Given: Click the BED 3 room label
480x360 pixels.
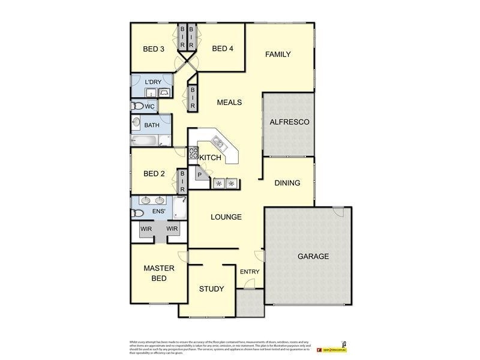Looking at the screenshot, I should (154, 49).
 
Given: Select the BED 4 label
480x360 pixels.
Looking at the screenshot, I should (223, 49).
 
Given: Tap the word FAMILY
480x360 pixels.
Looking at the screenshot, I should (278, 55).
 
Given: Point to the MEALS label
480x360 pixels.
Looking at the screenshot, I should (229, 103).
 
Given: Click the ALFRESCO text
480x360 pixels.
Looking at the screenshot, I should (289, 122).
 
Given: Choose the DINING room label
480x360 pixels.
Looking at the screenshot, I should (287, 183).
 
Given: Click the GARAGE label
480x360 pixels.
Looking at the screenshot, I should (313, 257).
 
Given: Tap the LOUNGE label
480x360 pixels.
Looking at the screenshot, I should (226, 217).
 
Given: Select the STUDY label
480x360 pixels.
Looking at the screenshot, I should (211, 289).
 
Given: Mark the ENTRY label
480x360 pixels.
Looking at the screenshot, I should (250, 272).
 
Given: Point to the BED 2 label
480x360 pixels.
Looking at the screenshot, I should (154, 174).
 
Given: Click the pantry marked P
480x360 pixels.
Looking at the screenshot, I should (200, 175).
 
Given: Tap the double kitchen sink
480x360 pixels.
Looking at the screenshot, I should (217, 143).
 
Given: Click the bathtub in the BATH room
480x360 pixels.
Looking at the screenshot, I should (144, 140).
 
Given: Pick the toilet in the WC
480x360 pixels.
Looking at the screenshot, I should (137, 106).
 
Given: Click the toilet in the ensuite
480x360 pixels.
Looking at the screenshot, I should (137, 213).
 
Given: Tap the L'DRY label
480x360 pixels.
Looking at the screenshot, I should (154, 82).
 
